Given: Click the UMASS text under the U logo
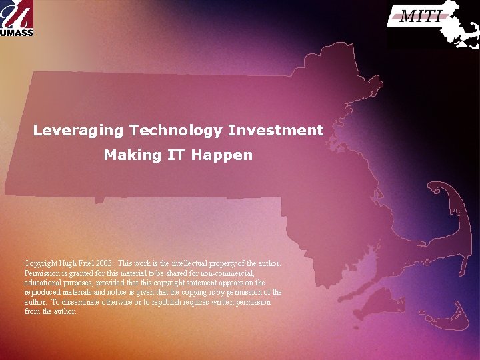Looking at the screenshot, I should [x=17, y=32].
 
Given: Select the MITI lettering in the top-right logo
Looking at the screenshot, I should [x=421, y=17].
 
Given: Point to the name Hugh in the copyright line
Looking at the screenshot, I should [x=69, y=263].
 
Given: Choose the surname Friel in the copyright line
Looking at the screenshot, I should [x=88, y=263].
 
